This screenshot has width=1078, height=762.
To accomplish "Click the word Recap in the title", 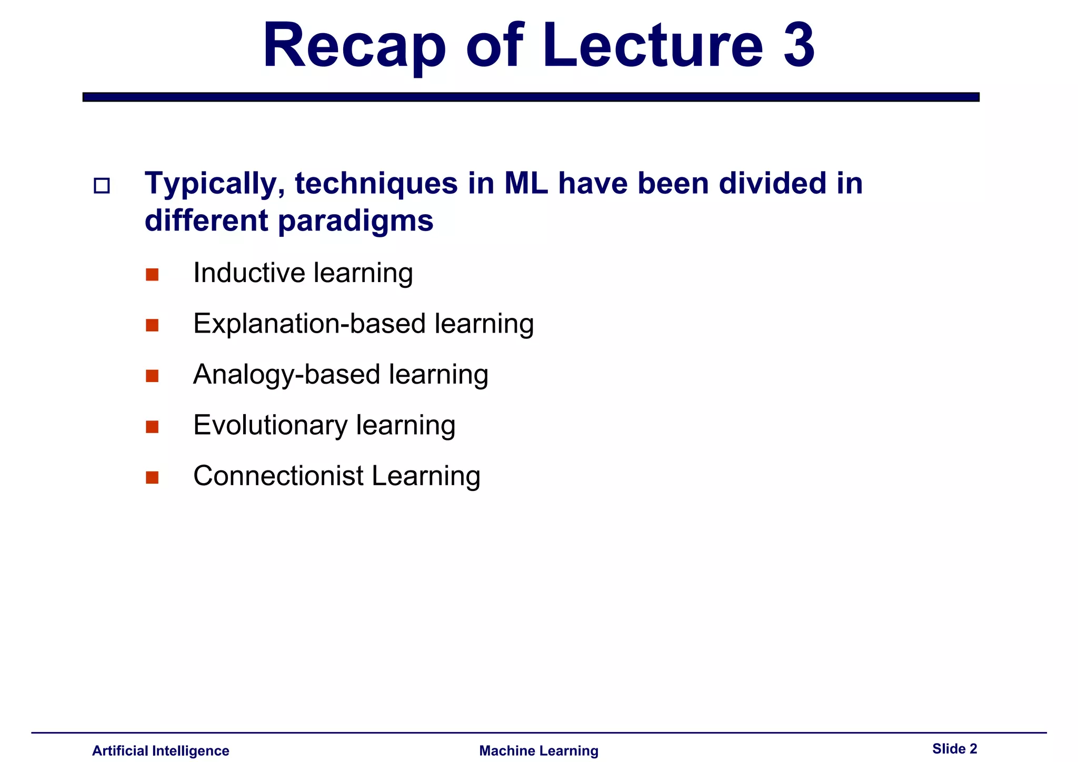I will click(354, 46).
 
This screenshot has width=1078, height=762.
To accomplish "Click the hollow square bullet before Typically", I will click(102, 186).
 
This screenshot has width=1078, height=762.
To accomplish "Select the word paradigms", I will click(355, 222).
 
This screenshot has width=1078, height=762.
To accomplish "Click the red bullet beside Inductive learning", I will click(152, 275).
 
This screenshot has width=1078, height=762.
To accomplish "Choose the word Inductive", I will click(249, 273).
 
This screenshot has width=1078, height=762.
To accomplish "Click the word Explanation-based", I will click(309, 324).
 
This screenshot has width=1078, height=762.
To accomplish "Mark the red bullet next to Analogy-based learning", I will click(152, 376).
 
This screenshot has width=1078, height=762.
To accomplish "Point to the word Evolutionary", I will click(270, 425).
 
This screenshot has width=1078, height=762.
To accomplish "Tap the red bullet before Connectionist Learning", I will click(152, 477).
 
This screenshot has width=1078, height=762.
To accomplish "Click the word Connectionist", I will click(278, 476).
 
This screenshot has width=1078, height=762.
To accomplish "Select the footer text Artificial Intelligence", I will click(161, 751).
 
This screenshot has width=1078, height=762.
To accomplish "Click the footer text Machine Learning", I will click(538, 751).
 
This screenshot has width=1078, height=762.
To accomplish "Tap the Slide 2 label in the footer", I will click(954, 749).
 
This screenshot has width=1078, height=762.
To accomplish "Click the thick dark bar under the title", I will click(531, 97).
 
